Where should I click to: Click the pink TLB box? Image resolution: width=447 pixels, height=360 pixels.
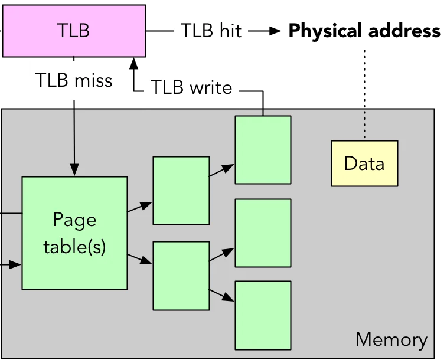pos(74,31)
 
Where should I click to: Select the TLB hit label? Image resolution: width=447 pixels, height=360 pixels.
pos(211,31)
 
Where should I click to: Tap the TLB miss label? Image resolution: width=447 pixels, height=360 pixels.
pos(74,80)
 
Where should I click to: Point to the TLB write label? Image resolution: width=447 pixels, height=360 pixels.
pos(191,87)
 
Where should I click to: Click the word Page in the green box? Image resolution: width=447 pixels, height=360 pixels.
pos(74,220)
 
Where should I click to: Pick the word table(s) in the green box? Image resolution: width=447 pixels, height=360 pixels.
pos(74,246)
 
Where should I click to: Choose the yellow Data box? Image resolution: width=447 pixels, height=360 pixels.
pos(364,163)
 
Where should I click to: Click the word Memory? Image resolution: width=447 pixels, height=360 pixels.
pos(391,340)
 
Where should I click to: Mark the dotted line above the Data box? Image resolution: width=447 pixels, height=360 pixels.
pos(364,125)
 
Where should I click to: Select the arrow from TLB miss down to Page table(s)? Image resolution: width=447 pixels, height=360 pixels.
pos(74,142)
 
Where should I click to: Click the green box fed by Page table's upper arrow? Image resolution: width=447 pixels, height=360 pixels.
pos(181,190)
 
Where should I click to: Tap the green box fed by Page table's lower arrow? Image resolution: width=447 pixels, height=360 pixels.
pos(181,275)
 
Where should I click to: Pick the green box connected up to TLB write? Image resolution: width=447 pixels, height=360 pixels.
pos(263,149)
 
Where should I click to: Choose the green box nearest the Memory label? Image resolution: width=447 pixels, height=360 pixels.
pos(263,315)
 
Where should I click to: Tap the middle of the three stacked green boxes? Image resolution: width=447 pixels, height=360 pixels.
pos(263,233)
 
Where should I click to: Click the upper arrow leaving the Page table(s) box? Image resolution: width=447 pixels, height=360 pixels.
pos(139,207)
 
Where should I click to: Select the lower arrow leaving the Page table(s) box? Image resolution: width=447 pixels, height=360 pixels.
pos(139,259)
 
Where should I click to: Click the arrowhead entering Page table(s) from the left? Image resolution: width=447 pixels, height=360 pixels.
pos(17,266)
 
